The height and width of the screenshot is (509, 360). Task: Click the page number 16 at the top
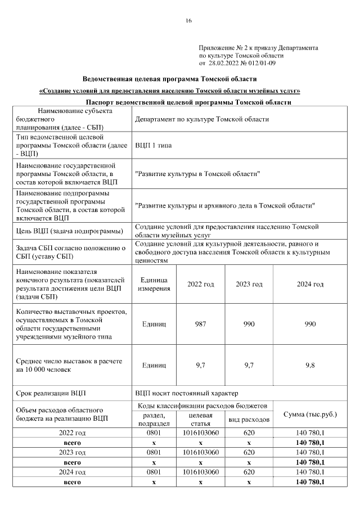point(188,21)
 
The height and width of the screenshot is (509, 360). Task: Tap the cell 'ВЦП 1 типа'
point(153,145)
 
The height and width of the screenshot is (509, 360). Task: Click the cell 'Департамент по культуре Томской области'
point(201,119)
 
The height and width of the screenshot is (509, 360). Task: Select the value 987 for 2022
point(200,325)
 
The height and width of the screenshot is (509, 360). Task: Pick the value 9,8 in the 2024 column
point(310,365)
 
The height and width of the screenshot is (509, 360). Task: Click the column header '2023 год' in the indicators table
point(249,284)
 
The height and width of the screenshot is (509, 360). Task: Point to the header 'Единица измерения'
point(154,284)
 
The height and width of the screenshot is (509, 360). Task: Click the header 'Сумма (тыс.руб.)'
point(310,414)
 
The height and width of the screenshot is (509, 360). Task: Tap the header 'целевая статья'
point(200,418)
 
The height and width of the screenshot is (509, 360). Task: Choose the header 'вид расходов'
point(249,420)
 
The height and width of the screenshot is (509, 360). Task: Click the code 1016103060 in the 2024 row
point(200,472)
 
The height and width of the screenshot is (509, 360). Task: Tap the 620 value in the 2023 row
point(249,452)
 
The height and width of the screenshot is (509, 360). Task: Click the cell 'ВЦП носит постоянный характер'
point(186,392)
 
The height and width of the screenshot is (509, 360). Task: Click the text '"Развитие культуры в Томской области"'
point(197,174)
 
